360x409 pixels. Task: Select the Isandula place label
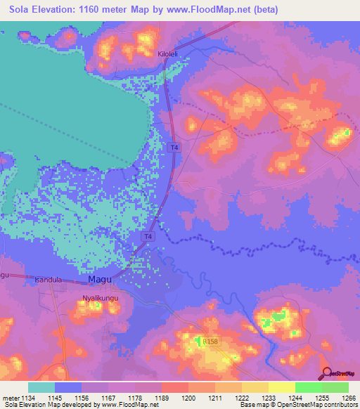49,280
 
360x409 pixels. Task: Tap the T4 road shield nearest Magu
148,237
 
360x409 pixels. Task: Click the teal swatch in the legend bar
41,387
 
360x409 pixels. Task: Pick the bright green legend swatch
308,387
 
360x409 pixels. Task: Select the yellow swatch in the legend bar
281,387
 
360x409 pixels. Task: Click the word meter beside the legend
10,398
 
